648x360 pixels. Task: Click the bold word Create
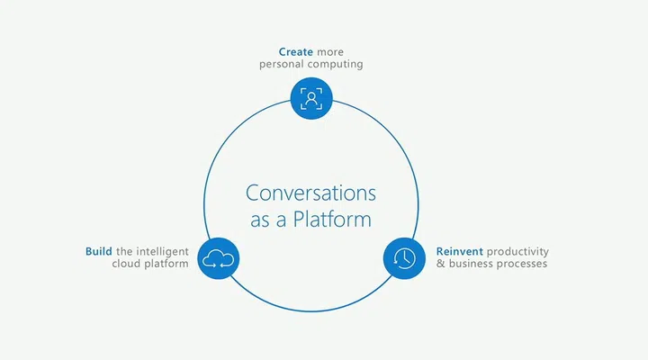point(295,52)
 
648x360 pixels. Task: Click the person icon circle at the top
point(311,98)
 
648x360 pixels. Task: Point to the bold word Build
point(99,251)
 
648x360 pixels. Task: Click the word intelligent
point(162,252)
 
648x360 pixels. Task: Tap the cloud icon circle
point(218,258)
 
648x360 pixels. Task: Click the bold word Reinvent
point(460,251)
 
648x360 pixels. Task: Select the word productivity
point(517,252)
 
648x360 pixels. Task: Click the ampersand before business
point(440,264)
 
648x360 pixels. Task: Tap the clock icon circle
point(404,258)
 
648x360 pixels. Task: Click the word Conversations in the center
point(310,193)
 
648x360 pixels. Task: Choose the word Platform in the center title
point(332,219)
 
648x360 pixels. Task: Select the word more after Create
point(330,52)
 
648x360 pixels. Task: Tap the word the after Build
point(124,251)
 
